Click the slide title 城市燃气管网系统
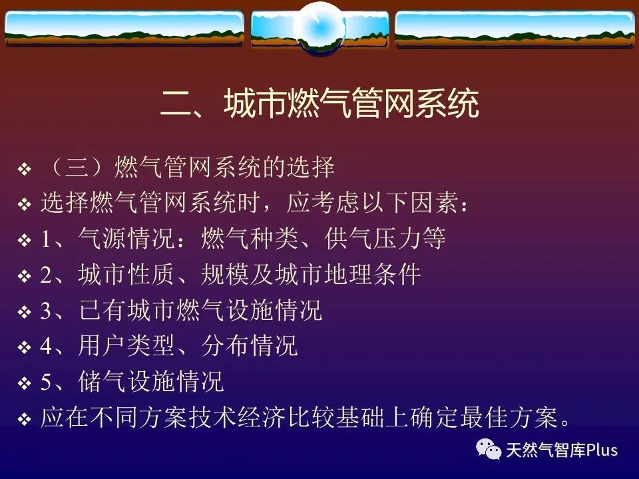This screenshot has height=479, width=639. pos(351,103)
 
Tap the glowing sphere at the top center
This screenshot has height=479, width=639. pos(320,27)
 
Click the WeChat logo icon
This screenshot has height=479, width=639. pos(488,449)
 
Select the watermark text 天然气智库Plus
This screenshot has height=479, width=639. pos(562,450)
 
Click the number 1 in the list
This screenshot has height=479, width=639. pos(45,239)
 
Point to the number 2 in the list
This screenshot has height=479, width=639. pos(46,275)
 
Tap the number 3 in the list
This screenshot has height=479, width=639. pos(46,311)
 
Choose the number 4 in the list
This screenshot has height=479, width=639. pos(46,346)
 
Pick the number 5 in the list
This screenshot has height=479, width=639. pos(46,382)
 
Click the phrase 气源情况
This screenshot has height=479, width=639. pos(126,238)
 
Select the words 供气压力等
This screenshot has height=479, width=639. pos(385,238)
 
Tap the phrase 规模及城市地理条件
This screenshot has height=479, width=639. pos(311,274)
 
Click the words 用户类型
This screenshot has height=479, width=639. pos(126,345)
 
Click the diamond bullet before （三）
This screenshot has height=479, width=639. pos(25,168)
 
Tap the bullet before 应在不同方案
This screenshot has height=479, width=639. pos(25,418)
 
